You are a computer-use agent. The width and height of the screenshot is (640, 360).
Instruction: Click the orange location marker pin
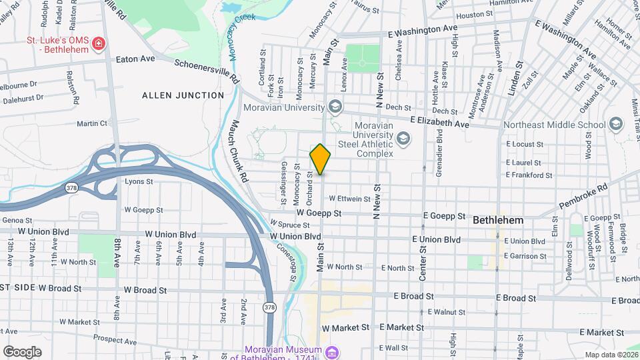pos(321,159)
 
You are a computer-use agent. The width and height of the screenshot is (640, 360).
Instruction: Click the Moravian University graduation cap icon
pos(335,107)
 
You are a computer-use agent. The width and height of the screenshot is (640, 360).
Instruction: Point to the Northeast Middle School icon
pos(615,125)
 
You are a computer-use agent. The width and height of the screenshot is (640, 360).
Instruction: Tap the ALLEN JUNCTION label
pos(183,95)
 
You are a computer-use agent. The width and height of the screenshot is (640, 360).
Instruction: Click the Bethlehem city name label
pos(497,220)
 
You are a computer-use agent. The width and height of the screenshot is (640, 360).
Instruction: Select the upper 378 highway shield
pos(71,189)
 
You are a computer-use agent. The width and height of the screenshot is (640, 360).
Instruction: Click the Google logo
pos(22,351)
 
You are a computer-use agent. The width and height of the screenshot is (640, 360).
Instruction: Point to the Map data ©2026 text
pos(611,355)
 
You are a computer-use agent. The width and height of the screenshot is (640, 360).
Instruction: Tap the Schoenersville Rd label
pos(207,70)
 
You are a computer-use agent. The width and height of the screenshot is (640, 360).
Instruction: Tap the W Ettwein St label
pos(348,199)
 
